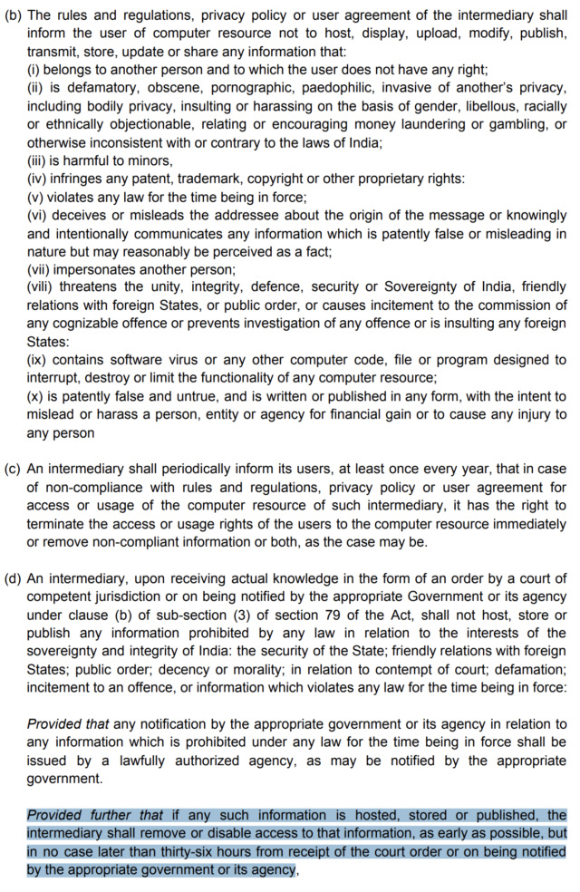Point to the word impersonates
[99, 269]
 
